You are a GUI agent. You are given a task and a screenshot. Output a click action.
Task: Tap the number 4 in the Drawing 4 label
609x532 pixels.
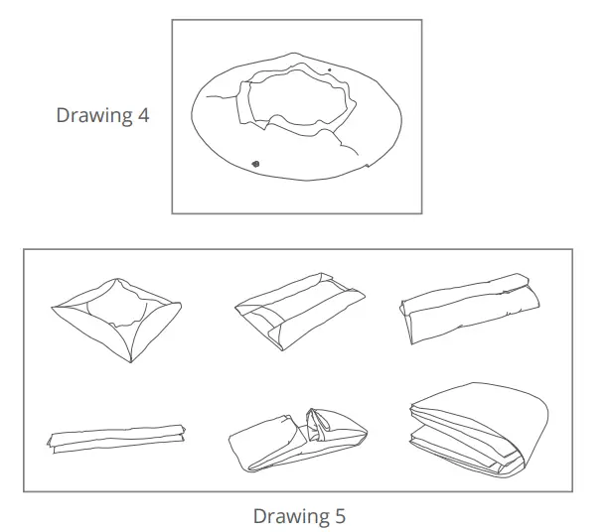coord(144,115)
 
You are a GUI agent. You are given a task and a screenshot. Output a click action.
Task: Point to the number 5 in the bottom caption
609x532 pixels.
coord(340,516)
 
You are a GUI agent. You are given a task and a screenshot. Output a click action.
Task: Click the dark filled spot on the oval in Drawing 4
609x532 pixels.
coord(255,163)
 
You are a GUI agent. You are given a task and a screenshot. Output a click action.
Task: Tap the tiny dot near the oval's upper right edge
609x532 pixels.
coord(331,70)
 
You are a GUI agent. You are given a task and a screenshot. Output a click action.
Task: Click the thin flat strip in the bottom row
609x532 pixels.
coord(117,437)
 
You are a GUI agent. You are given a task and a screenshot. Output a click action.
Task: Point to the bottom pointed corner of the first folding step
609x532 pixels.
coord(132,361)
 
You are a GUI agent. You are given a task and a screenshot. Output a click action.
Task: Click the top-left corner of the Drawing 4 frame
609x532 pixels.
coord(173,21)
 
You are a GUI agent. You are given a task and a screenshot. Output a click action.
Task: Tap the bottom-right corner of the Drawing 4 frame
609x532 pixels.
coord(421,212)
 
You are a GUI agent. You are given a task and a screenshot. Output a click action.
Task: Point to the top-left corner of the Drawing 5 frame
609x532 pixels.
coord(25,249)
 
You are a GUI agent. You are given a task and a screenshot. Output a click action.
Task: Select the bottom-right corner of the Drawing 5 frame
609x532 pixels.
coord(572,491)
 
